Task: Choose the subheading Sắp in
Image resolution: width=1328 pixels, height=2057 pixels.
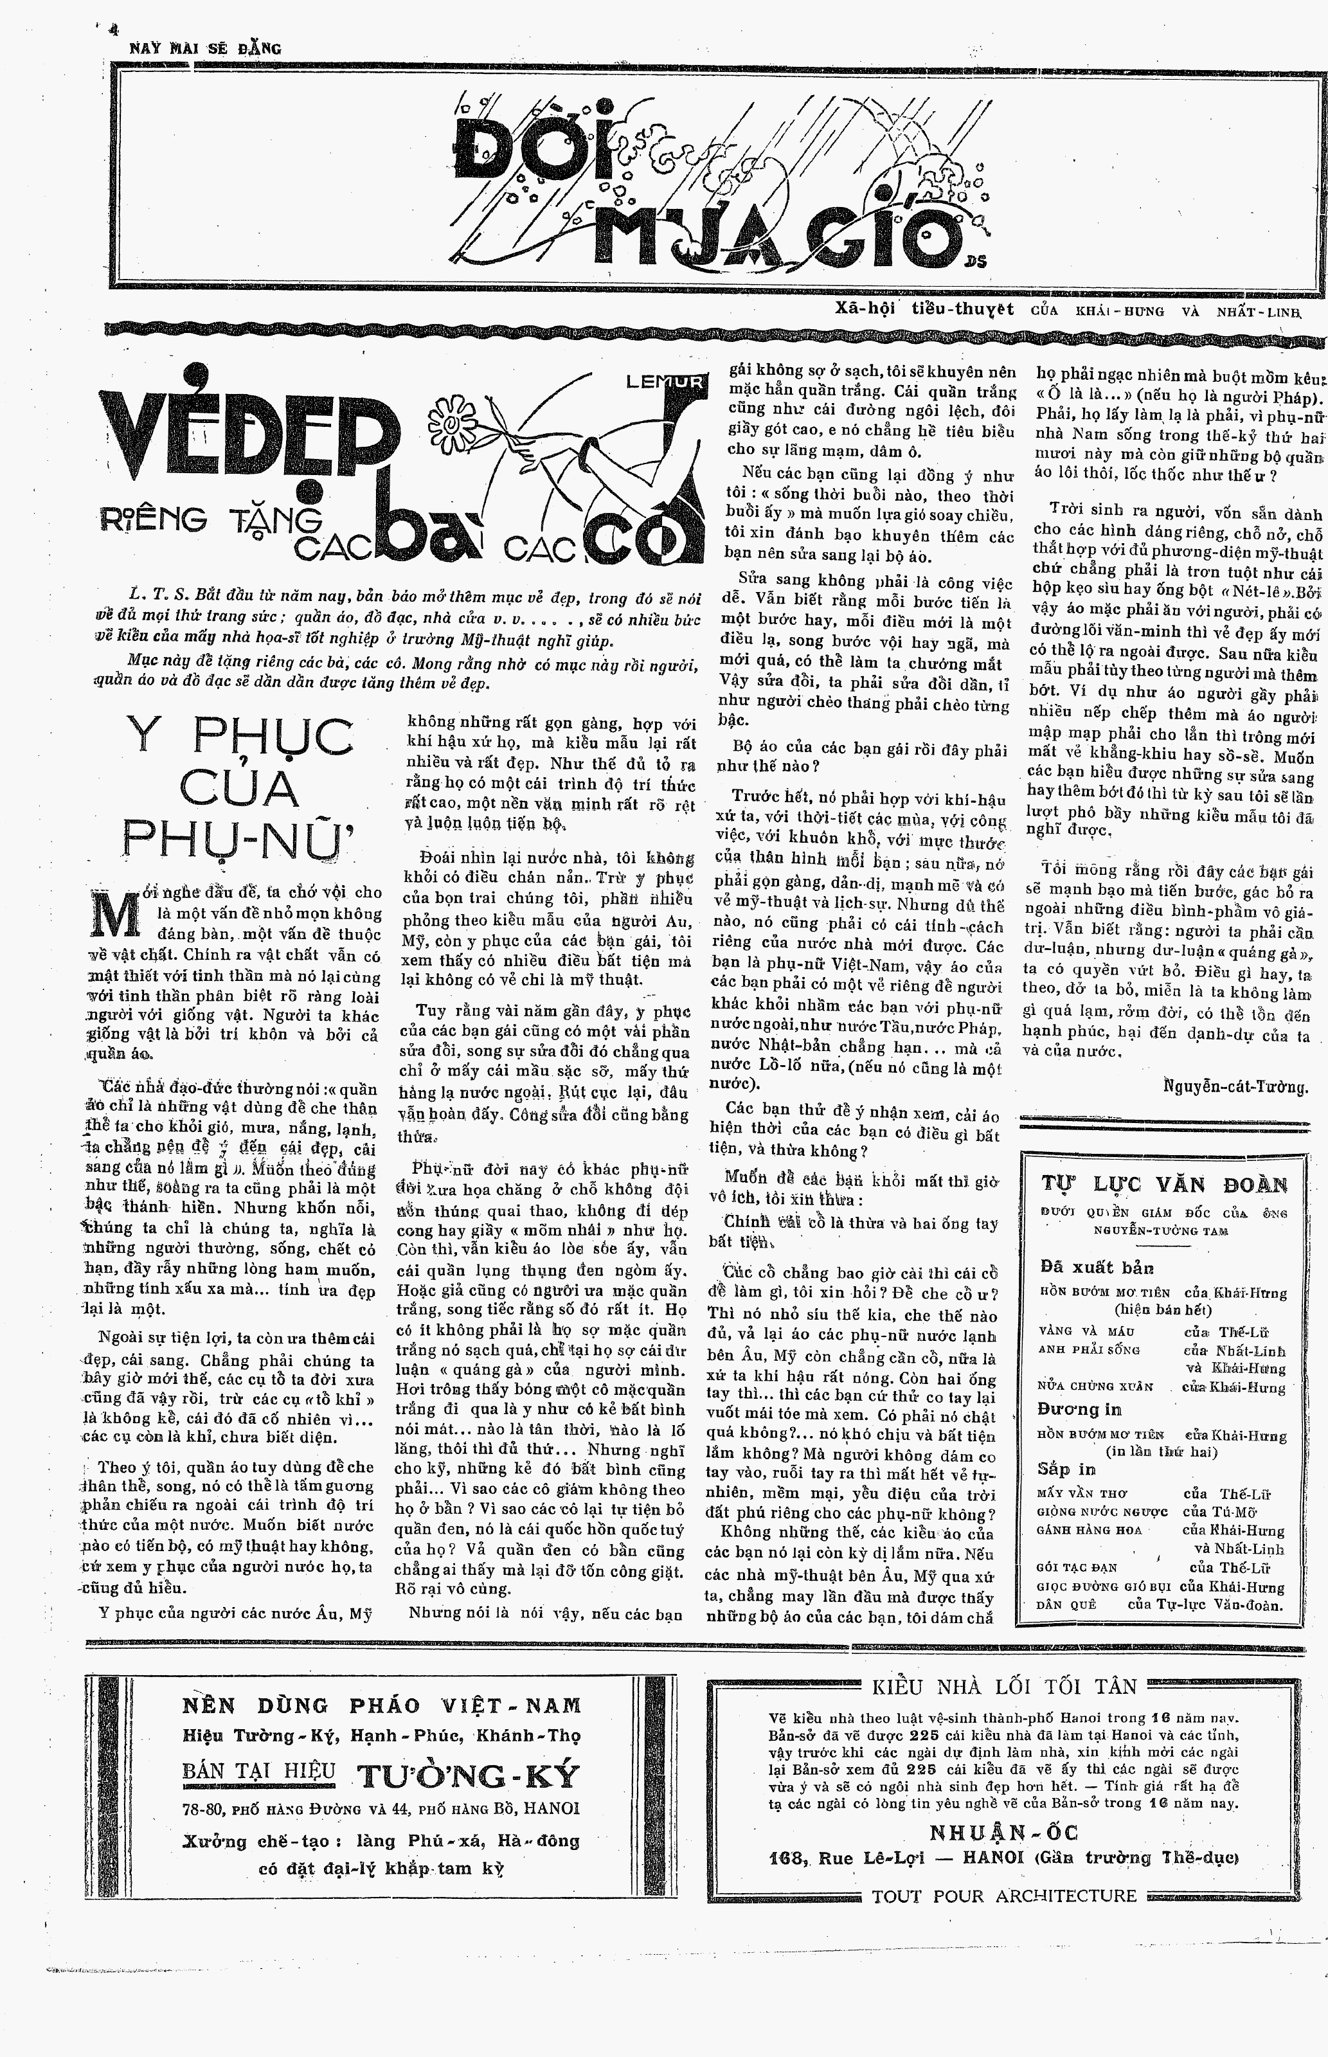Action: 1067,1469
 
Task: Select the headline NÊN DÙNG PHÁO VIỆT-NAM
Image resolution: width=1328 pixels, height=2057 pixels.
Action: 381,1705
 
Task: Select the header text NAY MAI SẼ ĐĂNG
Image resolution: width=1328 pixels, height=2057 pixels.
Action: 204,48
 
